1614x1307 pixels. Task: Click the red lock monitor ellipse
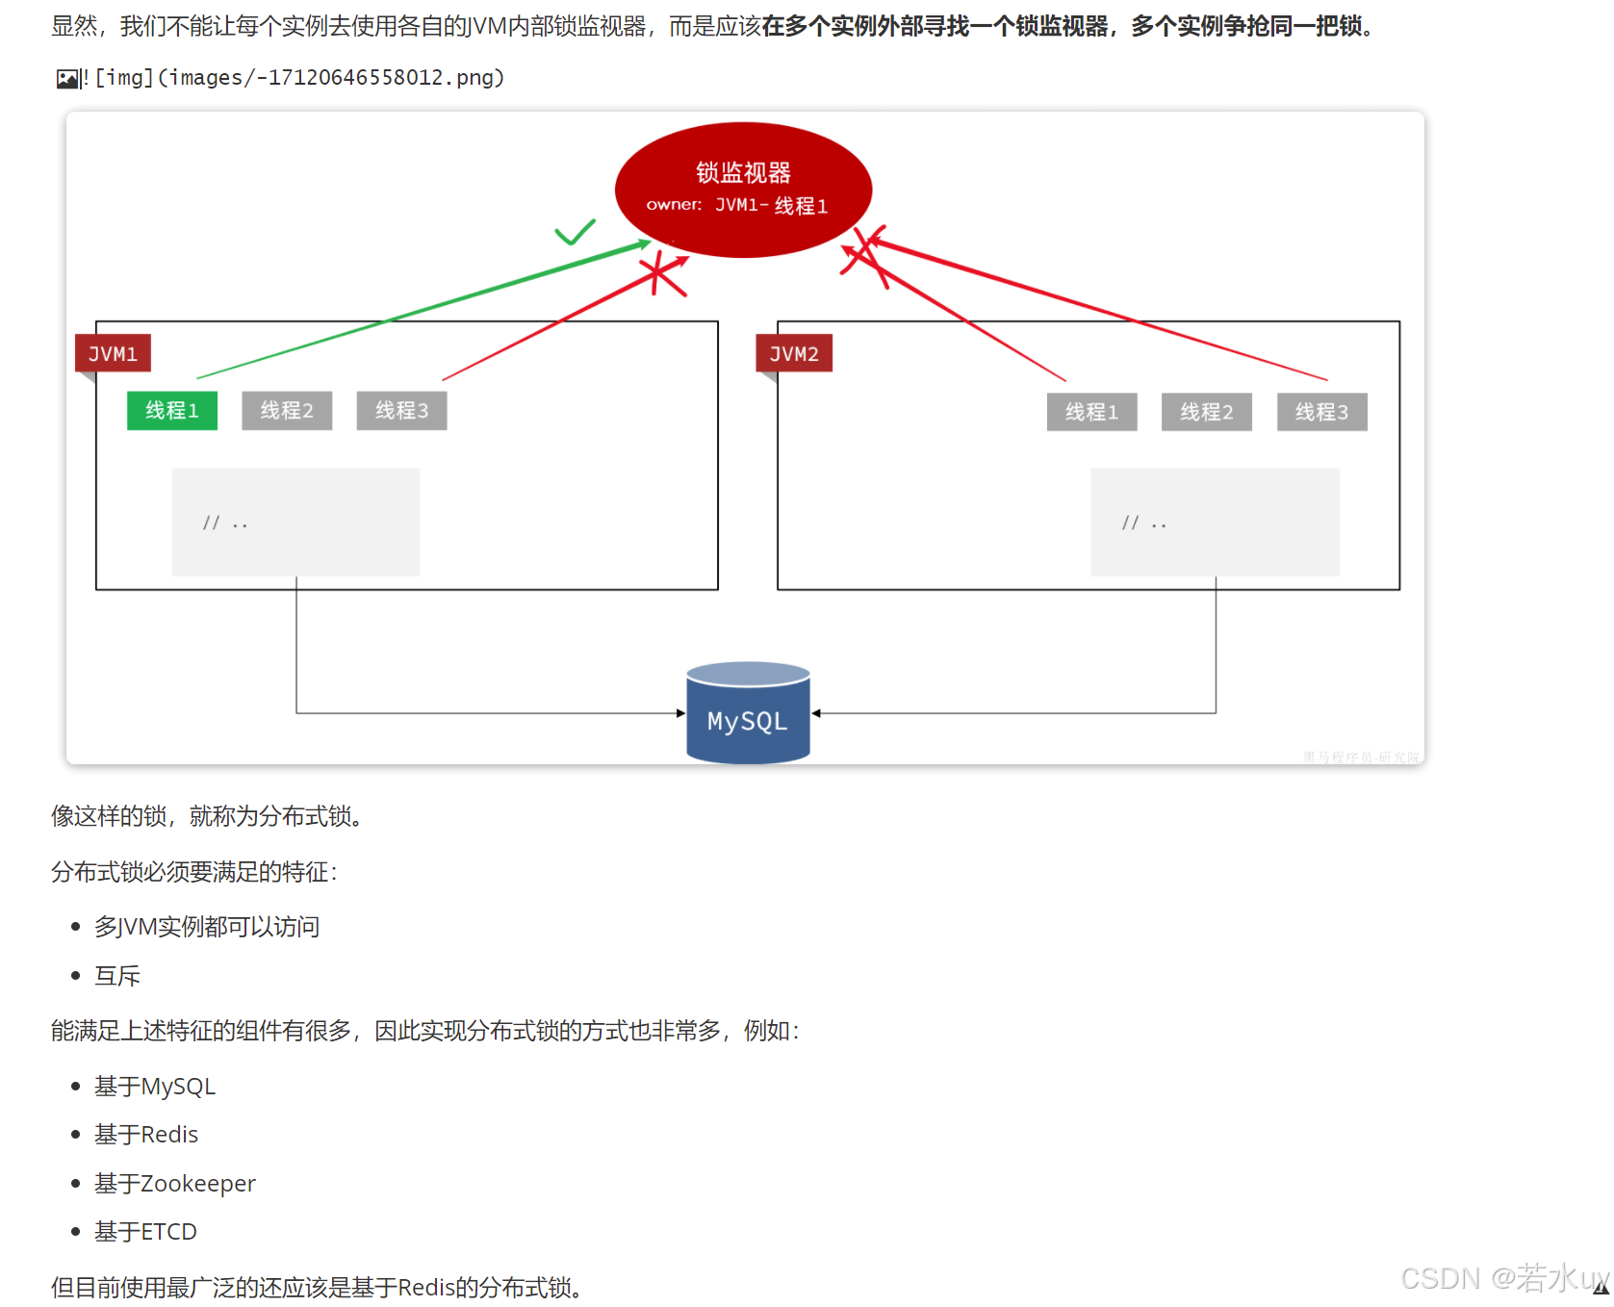[743, 189]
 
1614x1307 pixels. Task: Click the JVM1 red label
[113, 353]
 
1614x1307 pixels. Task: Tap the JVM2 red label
[794, 353]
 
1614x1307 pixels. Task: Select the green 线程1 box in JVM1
[172, 411]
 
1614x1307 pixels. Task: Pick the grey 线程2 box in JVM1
[287, 411]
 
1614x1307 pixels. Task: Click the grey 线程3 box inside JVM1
[401, 411]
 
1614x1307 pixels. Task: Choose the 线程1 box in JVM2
[1091, 412]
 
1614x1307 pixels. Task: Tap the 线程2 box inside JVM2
[1206, 412]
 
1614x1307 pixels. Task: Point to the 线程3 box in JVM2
[1321, 412]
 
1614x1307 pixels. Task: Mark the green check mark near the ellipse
[575, 232]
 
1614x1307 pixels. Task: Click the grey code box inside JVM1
[295, 522]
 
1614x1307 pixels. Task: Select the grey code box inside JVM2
[1215, 522]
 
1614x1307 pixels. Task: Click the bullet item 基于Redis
[146, 1135]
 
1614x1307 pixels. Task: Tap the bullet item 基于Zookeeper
[174, 1183]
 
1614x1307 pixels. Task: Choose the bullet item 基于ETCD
[145, 1232]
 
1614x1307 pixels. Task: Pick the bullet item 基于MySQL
[154, 1087]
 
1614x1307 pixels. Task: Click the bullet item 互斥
[117, 976]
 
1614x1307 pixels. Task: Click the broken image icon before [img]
[67, 79]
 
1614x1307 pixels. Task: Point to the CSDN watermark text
[1501, 1278]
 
